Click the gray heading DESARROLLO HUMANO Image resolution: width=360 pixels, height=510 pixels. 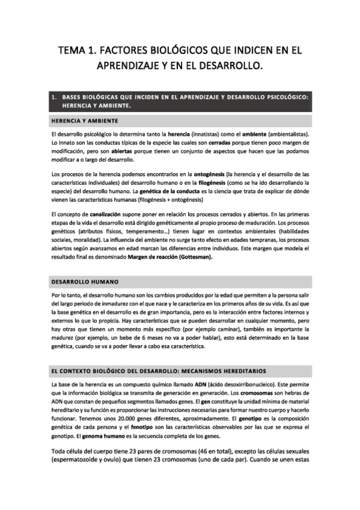point(84,281)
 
